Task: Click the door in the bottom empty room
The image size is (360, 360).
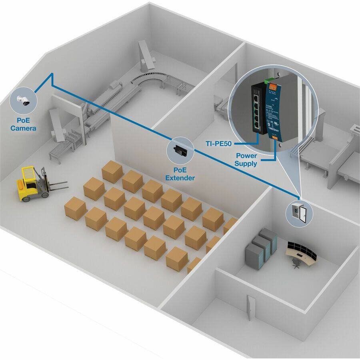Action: point(250,307)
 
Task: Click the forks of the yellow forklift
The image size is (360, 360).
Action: point(58,185)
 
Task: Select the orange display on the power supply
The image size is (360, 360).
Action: point(273,86)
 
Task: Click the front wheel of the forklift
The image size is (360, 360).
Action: point(45,194)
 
